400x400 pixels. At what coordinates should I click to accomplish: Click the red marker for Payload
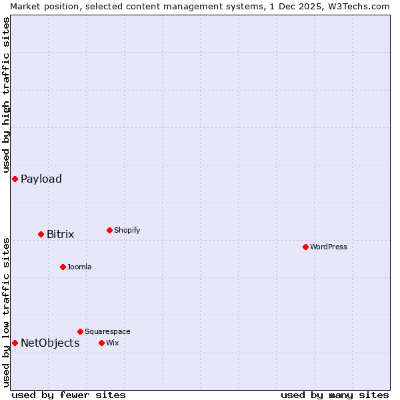[x=15, y=179]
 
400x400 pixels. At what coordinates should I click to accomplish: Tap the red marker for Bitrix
[x=41, y=234]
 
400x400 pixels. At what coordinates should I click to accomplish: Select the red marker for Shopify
[x=109, y=230]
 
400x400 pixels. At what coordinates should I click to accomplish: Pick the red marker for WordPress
[x=305, y=247]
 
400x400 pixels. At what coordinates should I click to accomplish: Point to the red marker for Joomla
[x=63, y=267]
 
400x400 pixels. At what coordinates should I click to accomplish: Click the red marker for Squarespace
[x=80, y=331]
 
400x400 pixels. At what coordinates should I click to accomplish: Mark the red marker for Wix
[x=101, y=343]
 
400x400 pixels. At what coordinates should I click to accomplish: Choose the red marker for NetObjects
[x=15, y=343]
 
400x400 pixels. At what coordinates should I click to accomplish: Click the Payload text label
[x=41, y=179]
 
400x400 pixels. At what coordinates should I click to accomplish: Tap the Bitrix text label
[x=60, y=234]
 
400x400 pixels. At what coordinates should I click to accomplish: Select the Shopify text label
[x=127, y=230]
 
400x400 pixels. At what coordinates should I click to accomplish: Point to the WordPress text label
[x=329, y=247]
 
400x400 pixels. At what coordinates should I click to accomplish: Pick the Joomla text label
[x=79, y=267]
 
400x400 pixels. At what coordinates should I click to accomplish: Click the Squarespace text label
[x=107, y=331]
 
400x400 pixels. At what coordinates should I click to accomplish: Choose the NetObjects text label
[x=50, y=343]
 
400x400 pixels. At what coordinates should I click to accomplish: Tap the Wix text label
[x=112, y=343]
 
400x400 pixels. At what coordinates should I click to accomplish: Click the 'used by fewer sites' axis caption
[x=69, y=395]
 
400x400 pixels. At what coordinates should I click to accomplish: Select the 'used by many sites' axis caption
[x=335, y=395]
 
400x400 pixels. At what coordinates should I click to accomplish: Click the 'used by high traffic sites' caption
[x=6, y=95]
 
